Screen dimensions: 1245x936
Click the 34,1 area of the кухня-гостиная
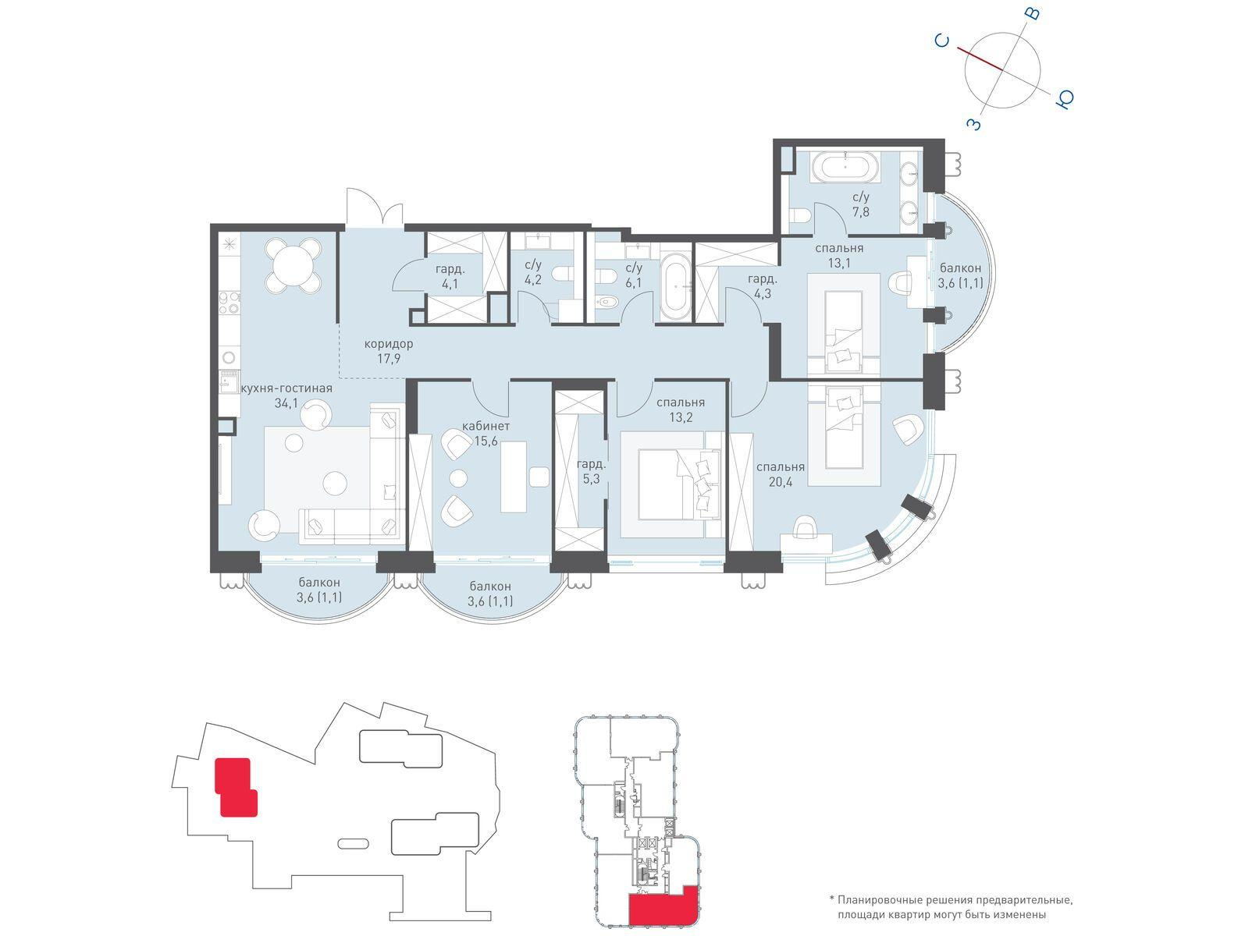[286, 403]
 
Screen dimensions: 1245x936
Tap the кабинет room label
[486, 426]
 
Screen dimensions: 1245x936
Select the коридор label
[388, 343]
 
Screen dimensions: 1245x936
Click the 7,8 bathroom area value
[860, 212]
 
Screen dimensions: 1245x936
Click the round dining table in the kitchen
[293, 264]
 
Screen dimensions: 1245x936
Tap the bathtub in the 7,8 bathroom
[845, 168]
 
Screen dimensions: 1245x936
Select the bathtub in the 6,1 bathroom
[675, 287]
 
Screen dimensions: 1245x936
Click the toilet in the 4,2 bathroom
[564, 275]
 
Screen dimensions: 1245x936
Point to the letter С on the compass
[941, 41]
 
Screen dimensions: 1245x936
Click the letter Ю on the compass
[1064, 100]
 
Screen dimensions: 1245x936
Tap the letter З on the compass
[974, 123]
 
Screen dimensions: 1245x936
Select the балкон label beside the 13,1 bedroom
[959, 268]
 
